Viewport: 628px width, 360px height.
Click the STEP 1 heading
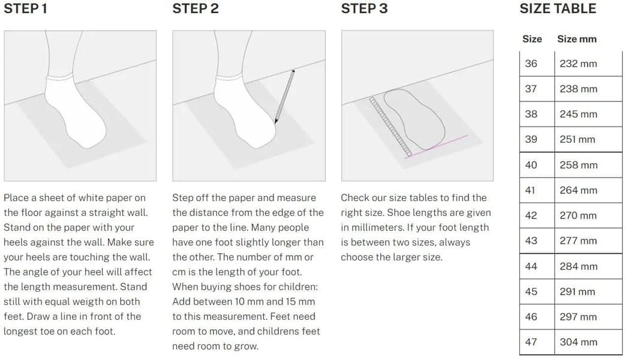click(25, 8)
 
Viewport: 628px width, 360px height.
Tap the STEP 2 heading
click(196, 8)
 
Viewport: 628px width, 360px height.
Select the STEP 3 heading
click(365, 8)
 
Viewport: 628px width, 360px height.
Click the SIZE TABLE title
click(558, 8)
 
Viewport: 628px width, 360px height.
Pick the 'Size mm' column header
click(577, 39)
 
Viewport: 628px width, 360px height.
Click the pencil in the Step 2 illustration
click(285, 97)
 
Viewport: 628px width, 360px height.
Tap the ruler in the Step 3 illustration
click(390, 126)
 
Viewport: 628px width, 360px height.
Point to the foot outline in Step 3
click(414, 119)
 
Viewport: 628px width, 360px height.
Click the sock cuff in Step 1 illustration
click(60, 77)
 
